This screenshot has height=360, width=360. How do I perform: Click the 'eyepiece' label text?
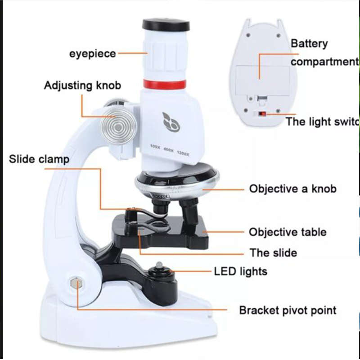click(x=92, y=54)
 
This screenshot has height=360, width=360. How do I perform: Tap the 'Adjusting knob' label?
click(x=82, y=85)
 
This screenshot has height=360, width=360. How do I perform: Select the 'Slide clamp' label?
click(x=39, y=159)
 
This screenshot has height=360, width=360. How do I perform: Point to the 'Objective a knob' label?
click(x=292, y=189)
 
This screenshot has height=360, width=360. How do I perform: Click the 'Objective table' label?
click(x=288, y=232)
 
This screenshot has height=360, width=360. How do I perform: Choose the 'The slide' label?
click(x=273, y=252)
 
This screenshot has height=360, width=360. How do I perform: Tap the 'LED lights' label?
click(x=240, y=271)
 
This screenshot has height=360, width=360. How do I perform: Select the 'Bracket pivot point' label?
click(x=288, y=310)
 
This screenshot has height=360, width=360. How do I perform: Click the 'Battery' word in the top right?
click(x=309, y=44)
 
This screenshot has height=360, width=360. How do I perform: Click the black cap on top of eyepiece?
click(x=166, y=24)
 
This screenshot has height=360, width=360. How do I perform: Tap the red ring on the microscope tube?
click(x=165, y=84)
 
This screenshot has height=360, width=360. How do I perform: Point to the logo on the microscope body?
click(x=171, y=122)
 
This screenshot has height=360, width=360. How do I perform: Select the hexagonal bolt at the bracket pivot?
click(x=76, y=284)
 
